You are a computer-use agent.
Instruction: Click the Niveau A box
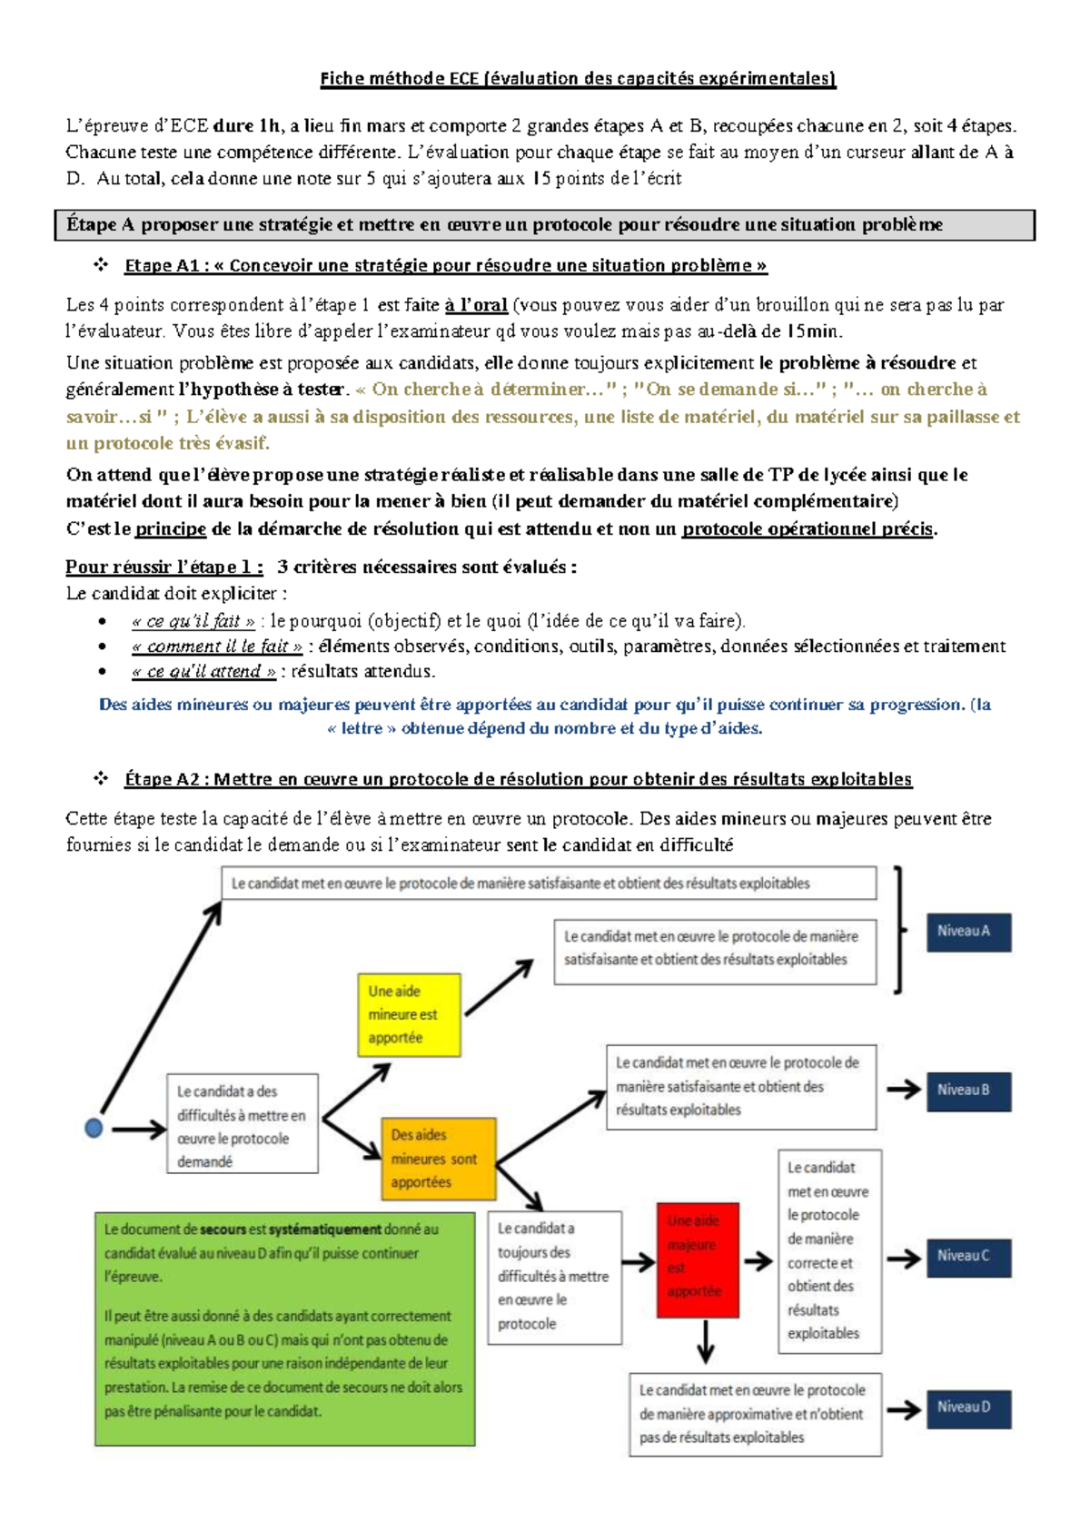(968, 932)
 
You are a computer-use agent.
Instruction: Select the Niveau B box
(968, 1090)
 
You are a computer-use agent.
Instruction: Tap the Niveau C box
(968, 1257)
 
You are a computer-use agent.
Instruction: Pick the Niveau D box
(968, 1407)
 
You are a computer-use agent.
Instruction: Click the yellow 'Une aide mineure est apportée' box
(409, 1014)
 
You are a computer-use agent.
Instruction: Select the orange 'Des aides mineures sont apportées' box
(438, 1159)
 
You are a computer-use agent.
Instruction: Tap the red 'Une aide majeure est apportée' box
(697, 1259)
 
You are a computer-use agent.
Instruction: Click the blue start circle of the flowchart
(94, 1128)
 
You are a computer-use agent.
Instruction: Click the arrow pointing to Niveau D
(904, 1409)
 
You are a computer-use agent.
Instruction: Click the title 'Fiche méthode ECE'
(578, 78)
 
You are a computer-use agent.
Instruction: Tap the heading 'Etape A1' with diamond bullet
(445, 265)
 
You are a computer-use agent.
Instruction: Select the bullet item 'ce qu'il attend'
(203, 671)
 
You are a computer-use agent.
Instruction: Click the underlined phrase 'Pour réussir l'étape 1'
(164, 567)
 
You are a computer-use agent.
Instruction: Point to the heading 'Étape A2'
(518, 778)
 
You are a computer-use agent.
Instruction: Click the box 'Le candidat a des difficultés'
(242, 1124)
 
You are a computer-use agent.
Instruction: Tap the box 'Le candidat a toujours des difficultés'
(554, 1277)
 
